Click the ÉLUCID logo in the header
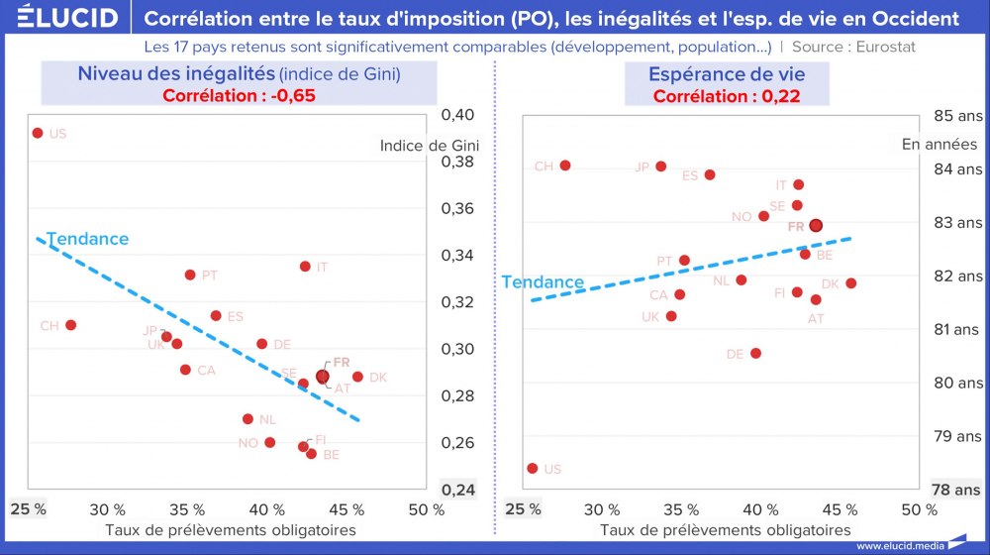point(60,18)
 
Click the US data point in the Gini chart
point(38,133)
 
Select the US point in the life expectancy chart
point(533,468)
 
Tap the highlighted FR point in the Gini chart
point(323,377)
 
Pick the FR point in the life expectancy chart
point(816,225)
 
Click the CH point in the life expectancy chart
point(565,166)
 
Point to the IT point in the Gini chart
point(305,267)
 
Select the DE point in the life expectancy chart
point(755,353)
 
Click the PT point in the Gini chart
point(190,275)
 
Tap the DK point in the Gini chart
point(357,377)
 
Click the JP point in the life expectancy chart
point(661,166)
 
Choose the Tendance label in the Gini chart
point(87,239)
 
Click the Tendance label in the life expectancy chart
point(543,281)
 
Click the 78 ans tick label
point(957,490)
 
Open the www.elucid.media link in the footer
point(899,546)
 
